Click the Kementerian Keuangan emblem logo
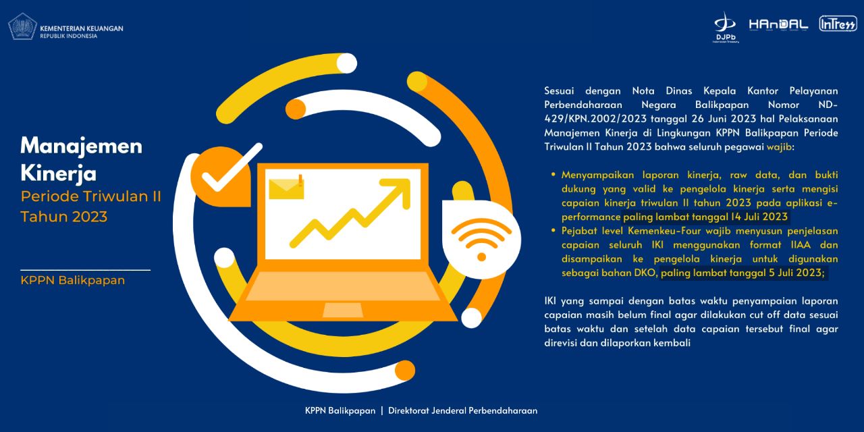tap(22, 27)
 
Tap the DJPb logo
tap(726, 27)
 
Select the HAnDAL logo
tap(778, 25)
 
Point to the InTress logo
tap(838, 24)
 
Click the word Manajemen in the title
tap(82, 146)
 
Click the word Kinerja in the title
tap(58, 173)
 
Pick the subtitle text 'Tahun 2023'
tap(64, 217)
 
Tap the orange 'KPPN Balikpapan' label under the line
tap(72, 280)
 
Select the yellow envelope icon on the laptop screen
tap(286, 188)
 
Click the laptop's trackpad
tap(342, 310)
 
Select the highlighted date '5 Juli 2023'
tap(796, 273)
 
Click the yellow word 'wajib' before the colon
tap(779, 147)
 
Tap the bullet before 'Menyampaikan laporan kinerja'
tap(553, 174)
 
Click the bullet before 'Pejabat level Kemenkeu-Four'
tap(553, 230)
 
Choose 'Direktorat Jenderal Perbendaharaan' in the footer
tap(462, 410)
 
